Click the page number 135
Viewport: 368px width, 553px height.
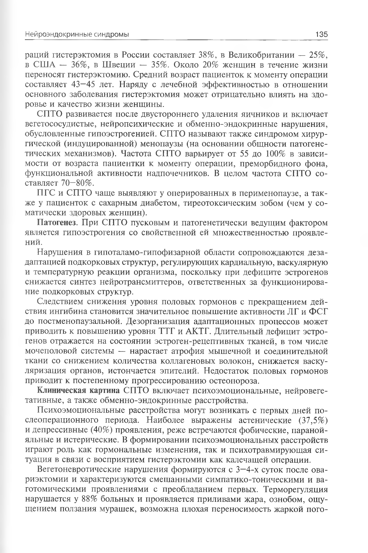pyautogui.click(x=321, y=35)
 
